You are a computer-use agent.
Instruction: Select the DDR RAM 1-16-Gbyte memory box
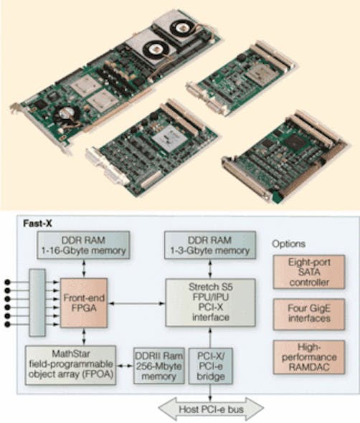pos(93,246)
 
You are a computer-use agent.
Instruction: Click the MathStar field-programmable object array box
pos(71,366)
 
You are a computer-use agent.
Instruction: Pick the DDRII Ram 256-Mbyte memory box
pos(158,366)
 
